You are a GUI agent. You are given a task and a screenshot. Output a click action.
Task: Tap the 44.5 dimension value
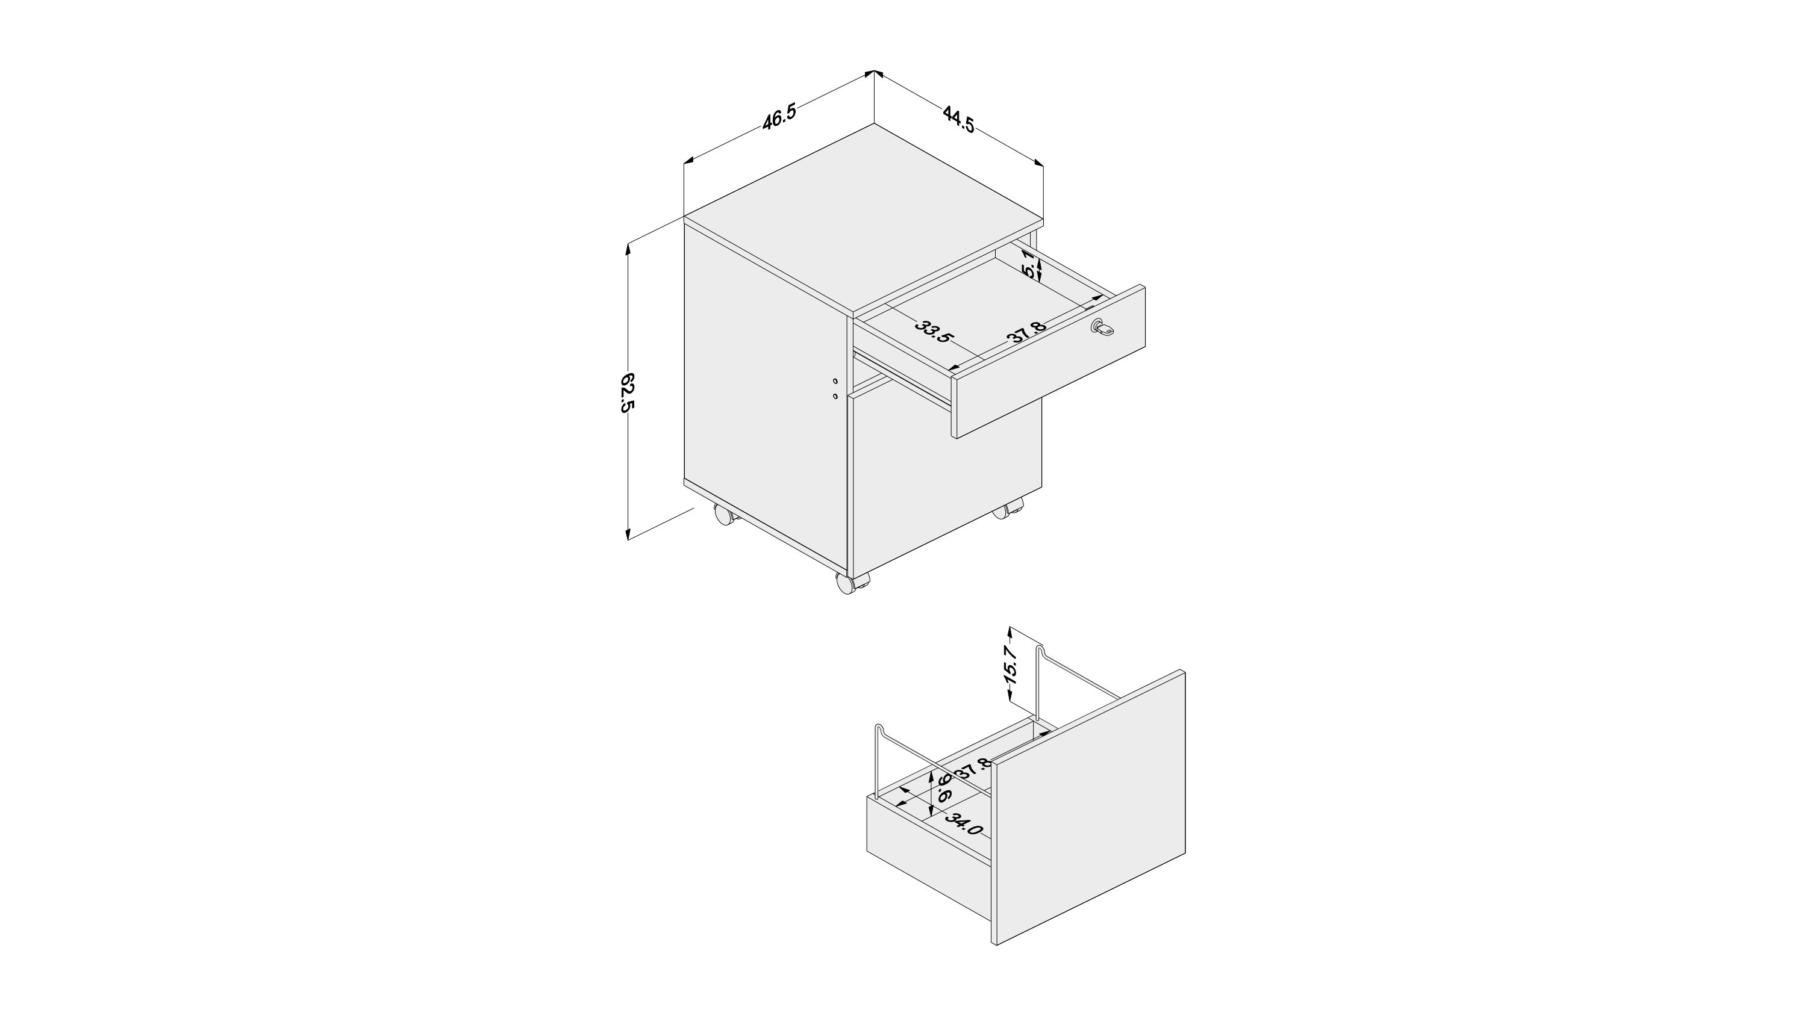pos(958,119)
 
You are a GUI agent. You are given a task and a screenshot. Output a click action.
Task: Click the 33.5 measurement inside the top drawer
pos(934,332)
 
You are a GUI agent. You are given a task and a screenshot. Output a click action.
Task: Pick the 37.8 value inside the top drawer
pos(1027,332)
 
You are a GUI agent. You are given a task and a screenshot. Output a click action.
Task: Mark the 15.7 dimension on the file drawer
pos(1010,663)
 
